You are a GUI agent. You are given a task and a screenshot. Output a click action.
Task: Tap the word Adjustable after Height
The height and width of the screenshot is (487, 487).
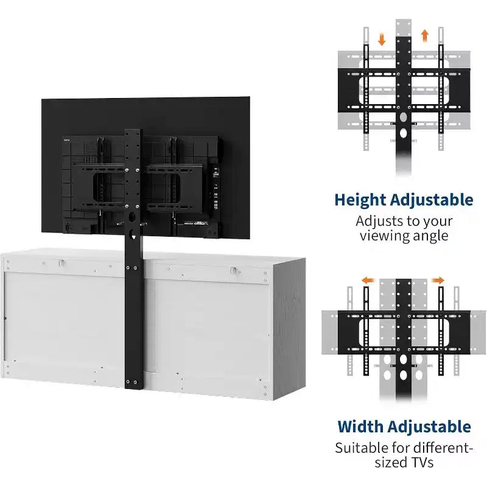click(x=432, y=200)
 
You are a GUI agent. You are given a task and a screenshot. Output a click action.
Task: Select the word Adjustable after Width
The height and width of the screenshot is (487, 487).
click(x=430, y=427)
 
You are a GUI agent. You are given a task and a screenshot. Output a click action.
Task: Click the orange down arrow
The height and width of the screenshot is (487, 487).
click(x=382, y=40)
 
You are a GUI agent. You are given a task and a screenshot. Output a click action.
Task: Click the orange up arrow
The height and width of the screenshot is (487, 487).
click(x=425, y=35)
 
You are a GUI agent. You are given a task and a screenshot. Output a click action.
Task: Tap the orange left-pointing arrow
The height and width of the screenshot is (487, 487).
click(x=367, y=281)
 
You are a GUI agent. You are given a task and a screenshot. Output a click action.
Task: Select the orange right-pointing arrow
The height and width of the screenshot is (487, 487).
click(x=438, y=281)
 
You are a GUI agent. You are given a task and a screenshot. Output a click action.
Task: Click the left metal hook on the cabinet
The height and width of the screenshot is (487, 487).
click(x=61, y=264)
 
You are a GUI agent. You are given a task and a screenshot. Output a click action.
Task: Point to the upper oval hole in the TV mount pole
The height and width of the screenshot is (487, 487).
click(x=132, y=217)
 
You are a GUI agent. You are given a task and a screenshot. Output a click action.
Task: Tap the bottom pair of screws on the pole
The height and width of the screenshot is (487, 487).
click(x=131, y=382)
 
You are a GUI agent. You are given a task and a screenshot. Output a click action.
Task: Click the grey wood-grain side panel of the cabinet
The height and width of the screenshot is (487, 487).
click(x=289, y=329)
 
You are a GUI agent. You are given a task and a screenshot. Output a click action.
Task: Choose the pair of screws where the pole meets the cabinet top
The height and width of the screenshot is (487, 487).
click(x=131, y=268)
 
